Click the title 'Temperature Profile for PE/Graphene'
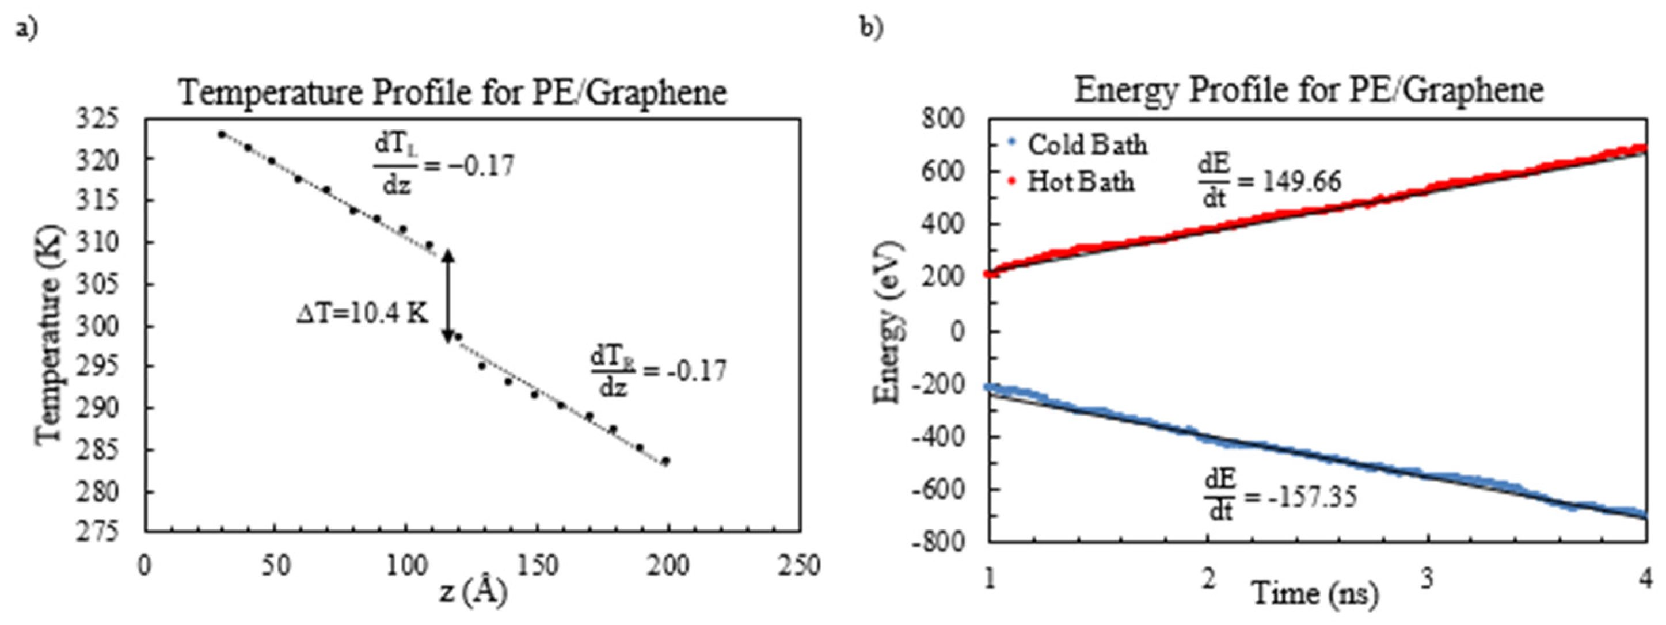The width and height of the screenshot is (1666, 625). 452,93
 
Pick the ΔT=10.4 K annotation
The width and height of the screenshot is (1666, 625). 362,315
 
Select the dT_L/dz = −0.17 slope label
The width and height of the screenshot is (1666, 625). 444,167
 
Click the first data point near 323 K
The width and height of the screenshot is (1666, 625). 222,135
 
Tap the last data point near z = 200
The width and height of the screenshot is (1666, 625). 665,461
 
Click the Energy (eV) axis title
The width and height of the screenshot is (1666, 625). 888,322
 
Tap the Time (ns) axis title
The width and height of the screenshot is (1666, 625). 1314,592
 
